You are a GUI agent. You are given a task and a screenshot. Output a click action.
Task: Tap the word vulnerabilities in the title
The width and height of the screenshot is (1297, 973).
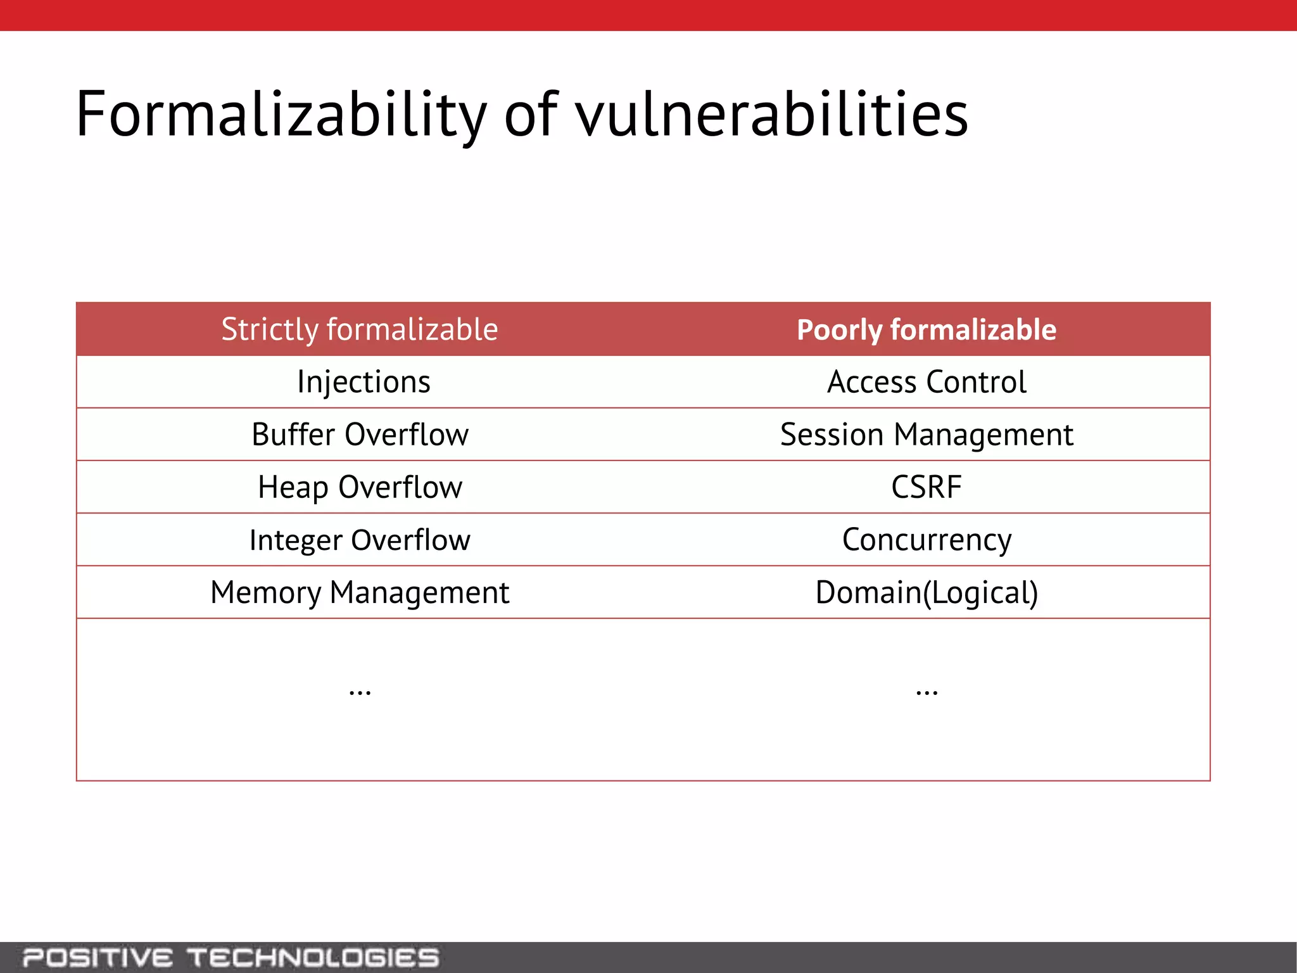coord(771,115)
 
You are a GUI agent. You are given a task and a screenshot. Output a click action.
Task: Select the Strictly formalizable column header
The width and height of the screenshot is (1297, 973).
coord(360,329)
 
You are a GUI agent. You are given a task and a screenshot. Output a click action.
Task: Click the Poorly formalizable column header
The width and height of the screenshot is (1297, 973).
coord(927,330)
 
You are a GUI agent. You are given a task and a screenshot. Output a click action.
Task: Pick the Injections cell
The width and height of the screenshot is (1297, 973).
coord(364,382)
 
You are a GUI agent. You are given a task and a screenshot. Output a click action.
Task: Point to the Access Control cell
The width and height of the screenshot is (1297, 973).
coord(927,382)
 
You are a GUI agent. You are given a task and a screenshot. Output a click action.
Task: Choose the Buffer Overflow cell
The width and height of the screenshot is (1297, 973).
coord(360,435)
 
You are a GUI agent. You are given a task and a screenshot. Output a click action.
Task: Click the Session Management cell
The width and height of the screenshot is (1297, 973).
coord(927,435)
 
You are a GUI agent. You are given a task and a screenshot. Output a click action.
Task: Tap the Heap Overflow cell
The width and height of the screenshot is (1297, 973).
coord(360,487)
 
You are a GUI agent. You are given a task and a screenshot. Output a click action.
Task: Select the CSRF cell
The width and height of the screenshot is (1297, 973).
coord(927,487)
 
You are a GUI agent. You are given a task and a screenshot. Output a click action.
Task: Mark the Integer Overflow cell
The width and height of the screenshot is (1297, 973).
coord(360,540)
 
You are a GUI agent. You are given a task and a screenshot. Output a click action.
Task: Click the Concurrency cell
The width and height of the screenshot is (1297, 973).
coord(927,540)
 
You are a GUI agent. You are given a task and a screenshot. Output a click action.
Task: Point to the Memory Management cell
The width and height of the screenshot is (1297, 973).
coord(360,593)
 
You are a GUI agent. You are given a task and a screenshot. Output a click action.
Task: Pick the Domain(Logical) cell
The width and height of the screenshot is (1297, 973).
coord(927,593)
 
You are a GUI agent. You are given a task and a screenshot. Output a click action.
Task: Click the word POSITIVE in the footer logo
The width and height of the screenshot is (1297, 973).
coord(97,958)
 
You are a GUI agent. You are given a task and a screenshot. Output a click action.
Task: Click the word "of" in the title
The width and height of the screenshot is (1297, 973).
coord(531,115)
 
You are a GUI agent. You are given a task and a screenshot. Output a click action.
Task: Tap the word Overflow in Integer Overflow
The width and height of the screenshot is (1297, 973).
coord(410,540)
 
